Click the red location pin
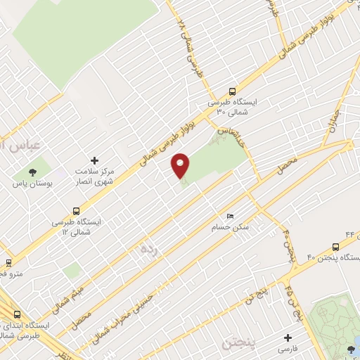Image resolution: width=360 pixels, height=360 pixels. click(181, 166)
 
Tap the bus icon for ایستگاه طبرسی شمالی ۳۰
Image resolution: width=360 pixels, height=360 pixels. click(233, 91)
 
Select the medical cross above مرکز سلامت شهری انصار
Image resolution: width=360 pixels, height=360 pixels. click(95, 161)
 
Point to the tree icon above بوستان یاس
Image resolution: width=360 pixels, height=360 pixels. click(32, 172)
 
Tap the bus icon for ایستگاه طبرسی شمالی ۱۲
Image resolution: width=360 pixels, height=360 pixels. click(76, 210)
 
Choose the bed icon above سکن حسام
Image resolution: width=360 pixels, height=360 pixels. click(230, 216)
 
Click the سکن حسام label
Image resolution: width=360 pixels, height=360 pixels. click(230, 228)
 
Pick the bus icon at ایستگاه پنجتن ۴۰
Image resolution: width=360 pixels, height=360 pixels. click(335, 247)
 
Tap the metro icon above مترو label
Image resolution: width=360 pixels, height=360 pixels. click(8, 262)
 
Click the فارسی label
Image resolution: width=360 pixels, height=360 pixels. click(288, 349)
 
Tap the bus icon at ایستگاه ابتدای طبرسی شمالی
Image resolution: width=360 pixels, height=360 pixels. click(17, 315)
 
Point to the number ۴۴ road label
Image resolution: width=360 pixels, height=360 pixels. click(349, 233)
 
